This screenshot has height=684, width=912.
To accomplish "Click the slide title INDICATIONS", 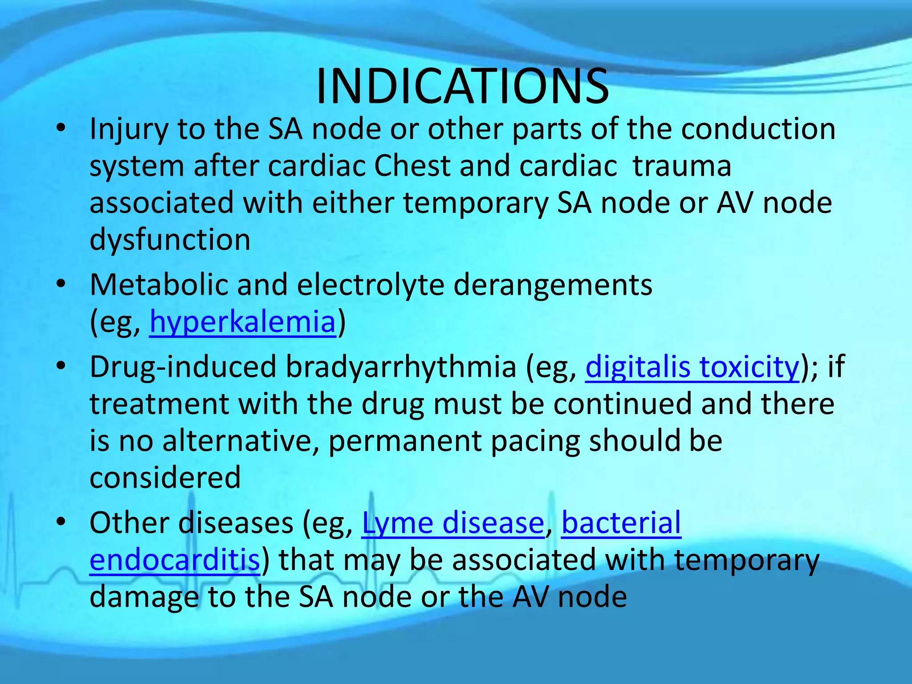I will [462, 87].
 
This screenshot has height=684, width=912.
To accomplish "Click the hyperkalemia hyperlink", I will [243, 322].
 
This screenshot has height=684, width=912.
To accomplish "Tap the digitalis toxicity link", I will [692, 367].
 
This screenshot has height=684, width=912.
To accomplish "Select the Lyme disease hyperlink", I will [453, 523].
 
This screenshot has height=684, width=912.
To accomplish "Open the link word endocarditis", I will [175, 560].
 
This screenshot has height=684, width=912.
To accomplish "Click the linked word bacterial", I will [621, 523].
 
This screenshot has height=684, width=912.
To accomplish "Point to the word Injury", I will [129, 130].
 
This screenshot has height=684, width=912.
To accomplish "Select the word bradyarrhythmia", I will [401, 367].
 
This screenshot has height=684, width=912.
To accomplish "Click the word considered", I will [165, 478].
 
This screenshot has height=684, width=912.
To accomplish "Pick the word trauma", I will [682, 167].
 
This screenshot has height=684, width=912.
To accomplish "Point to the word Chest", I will [412, 167].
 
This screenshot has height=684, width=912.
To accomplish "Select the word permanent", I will [405, 441].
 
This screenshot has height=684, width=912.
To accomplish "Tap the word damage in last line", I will [144, 598].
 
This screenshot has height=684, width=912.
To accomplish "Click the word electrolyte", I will [370, 285].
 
